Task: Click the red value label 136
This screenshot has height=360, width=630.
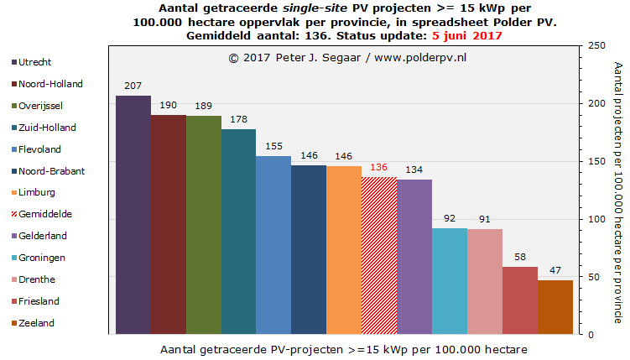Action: click(379, 167)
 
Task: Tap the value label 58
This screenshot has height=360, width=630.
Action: click(520, 258)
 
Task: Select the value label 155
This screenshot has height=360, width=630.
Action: click(273, 145)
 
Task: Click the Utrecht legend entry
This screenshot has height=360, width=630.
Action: click(34, 62)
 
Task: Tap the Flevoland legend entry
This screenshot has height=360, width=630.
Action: click(39, 149)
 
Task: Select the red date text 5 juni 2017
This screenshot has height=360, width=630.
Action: click(467, 36)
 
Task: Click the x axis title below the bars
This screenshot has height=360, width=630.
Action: click(344, 347)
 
